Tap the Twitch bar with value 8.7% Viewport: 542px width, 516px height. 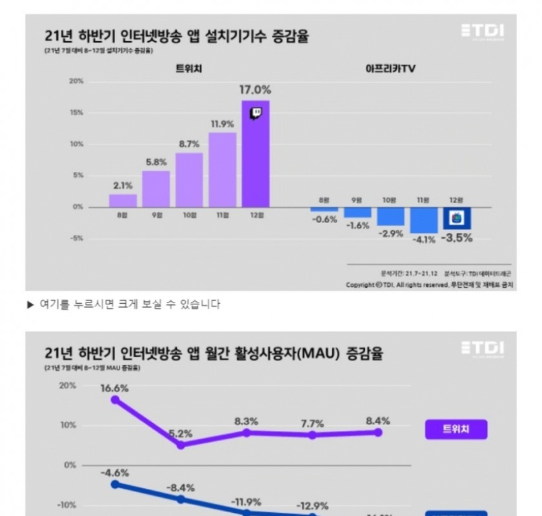click(189, 180)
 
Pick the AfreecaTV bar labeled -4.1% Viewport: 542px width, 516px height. click(423, 220)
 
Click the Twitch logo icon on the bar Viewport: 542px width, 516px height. click(256, 114)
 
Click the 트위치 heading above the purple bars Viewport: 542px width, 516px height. click(188, 68)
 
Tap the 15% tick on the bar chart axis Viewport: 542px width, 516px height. click(76, 113)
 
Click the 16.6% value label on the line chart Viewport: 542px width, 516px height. click(115, 389)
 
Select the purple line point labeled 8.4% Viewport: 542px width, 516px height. click(378, 432)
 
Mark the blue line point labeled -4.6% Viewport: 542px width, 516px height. click(115, 484)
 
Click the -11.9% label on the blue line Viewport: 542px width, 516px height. click(246, 502)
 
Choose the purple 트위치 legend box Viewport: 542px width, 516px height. click(456, 428)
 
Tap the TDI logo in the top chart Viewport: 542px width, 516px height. click(483, 31)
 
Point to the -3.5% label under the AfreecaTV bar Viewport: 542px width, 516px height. click(457, 237)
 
